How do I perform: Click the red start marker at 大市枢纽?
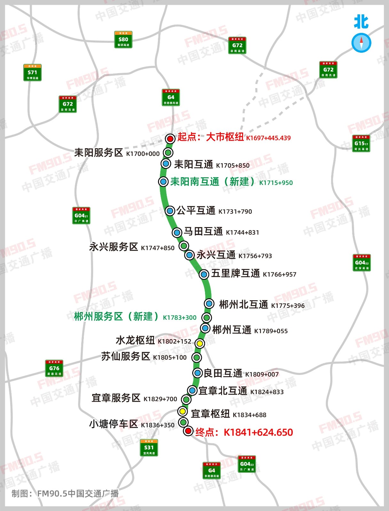pyautogui.click(x=170, y=139)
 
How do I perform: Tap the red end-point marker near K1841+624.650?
pyautogui.click(x=188, y=431)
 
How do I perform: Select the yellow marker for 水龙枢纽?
pyautogui.click(x=200, y=343)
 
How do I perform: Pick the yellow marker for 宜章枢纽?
pyautogui.click(x=182, y=411)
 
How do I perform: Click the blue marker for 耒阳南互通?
pyautogui.click(x=163, y=181)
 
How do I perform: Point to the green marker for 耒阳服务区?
pyautogui.click(x=168, y=153)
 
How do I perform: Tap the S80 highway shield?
pyautogui.click(x=123, y=40)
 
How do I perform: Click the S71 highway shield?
pyautogui.click(x=32, y=72)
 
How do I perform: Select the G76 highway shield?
pyautogui.click(x=54, y=368)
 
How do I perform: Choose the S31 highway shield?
pyautogui.click(x=149, y=448)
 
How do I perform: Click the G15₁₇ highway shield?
pyautogui.click(x=361, y=143)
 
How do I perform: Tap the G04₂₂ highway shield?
pyautogui.click(x=361, y=263)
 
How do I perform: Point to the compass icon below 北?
pyautogui.click(x=361, y=43)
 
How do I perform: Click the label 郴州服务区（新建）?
pyautogui.click(x=116, y=317)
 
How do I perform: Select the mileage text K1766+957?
pyautogui.click(x=280, y=274)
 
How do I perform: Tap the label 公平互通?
pyautogui.click(x=196, y=210)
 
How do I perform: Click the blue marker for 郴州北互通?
pyautogui.click(x=209, y=303)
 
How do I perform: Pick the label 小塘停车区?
pyautogui.click(x=113, y=424)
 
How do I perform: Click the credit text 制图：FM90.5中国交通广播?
pyautogui.click(x=65, y=493)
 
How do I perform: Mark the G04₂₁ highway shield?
pyautogui.click(x=81, y=216)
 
